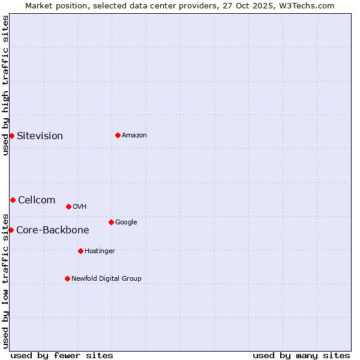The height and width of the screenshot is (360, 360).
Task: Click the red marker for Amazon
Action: pyautogui.click(x=118, y=135)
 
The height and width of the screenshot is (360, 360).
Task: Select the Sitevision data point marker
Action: pyautogui.click(x=11, y=136)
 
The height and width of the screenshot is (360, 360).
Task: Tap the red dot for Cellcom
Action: pyautogui.click(x=13, y=200)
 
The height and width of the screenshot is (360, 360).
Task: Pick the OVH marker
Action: pyautogui.click(x=68, y=206)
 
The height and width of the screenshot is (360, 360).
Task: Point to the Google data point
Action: pyautogui.click(x=111, y=222)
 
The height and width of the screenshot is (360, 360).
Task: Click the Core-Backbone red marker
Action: pyautogui.click(x=11, y=230)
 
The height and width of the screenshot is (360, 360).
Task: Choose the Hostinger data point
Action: pyautogui.click(x=80, y=251)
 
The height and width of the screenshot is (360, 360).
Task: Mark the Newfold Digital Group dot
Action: pyautogui.click(x=67, y=278)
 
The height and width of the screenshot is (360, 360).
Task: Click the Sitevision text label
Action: pyautogui.click(x=40, y=136)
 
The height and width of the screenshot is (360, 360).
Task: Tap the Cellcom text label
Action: pyautogui.click(x=37, y=200)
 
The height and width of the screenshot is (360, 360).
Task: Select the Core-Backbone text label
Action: pyautogui.click(x=53, y=230)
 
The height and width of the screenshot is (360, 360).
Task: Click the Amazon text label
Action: pyautogui.click(x=134, y=135)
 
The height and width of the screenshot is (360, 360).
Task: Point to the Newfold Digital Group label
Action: pyautogui.click(x=106, y=278)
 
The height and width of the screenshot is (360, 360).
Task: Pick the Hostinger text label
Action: pyautogui.click(x=100, y=251)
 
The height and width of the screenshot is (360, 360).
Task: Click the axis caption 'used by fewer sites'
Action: pyautogui.click(x=62, y=355)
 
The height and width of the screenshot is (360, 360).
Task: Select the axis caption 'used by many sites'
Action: pyautogui.click(x=301, y=355)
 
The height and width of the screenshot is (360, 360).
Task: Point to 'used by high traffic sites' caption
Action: pyautogui.click(x=5, y=85)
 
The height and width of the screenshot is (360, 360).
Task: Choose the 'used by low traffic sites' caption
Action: pyautogui.click(x=5, y=281)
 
